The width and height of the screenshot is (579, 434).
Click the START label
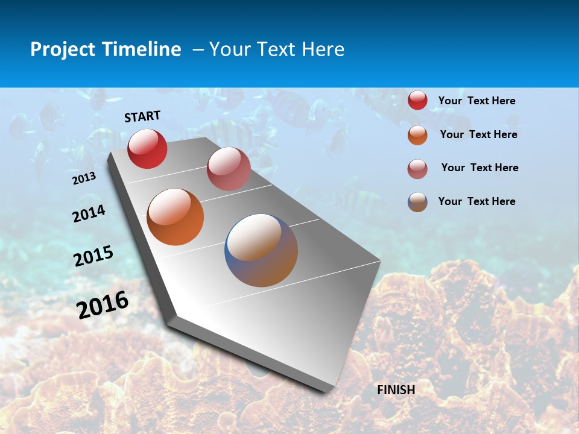coord(142,116)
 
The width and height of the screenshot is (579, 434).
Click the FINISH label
coord(396,390)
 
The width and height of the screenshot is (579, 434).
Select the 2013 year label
coord(84,178)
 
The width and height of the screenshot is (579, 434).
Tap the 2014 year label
coord(89,213)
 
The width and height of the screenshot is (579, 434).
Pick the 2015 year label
coord(93,256)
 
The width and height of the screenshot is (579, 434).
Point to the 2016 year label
coord(103,305)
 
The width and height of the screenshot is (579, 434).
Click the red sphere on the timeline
coord(147,148)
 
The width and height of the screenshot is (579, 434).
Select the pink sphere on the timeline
coord(229,169)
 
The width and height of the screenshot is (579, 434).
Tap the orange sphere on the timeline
coord(176,217)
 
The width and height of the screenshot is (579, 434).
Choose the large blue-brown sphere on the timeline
coord(261,250)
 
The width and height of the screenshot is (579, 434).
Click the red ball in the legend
coord(417,101)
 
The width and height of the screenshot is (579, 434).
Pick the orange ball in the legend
coord(417,135)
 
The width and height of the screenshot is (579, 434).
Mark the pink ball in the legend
coord(417,169)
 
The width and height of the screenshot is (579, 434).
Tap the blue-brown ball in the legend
coord(417,202)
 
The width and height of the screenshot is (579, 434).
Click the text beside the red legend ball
coord(476,101)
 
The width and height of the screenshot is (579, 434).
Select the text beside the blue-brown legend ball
coord(476,201)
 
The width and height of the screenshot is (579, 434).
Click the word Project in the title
coord(63,49)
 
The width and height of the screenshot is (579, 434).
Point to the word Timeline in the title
coord(141,49)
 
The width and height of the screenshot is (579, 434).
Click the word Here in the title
coord(323,49)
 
